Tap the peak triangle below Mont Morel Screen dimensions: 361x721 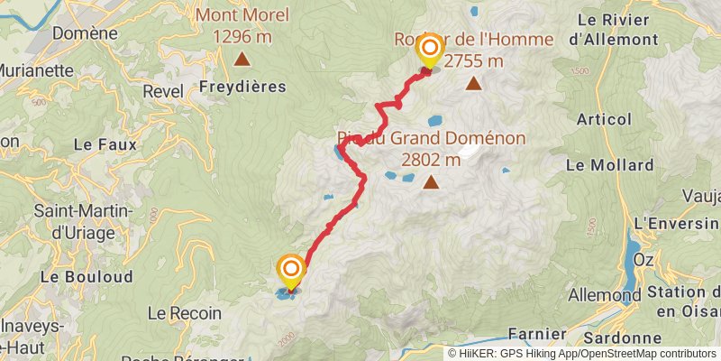[242, 60]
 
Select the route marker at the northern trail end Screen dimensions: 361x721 [430, 51]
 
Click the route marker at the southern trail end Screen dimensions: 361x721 [291, 271]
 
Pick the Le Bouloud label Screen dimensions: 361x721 [87, 276]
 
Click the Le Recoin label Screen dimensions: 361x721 [184, 313]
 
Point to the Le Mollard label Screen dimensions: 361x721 [609, 165]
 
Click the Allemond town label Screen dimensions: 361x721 [604, 295]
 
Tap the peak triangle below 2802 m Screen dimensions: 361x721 [432, 183]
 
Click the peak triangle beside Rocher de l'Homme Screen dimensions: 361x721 [474, 85]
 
